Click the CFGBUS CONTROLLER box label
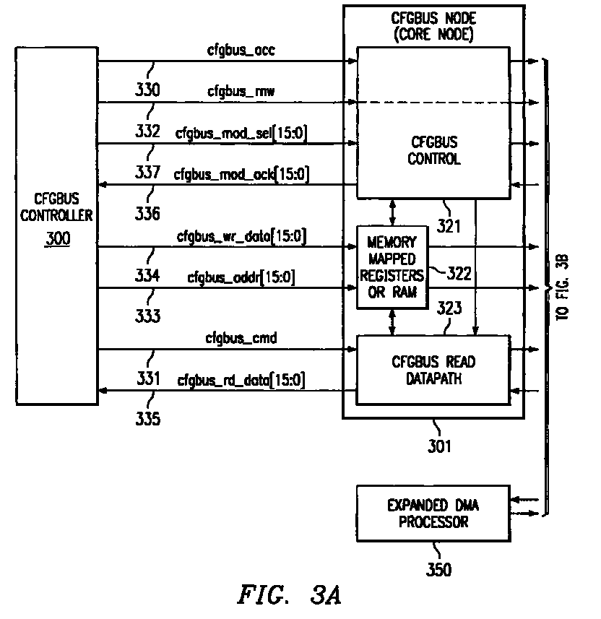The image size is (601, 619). (56, 207)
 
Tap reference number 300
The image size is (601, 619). (58, 238)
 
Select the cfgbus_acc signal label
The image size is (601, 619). (241, 50)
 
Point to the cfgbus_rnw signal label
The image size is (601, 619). (241, 92)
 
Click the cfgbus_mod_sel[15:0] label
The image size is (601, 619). (241, 133)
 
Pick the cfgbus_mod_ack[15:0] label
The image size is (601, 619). (241, 174)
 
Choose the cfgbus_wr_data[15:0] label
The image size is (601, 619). (241, 236)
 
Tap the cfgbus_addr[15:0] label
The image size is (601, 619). (241, 277)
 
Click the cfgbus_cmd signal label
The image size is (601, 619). (241, 338)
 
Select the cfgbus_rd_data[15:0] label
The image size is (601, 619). (241, 380)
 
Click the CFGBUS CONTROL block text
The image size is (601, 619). (434, 150)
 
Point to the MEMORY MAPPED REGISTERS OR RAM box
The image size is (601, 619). (392, 267)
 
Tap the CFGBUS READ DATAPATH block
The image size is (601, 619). (433, 371)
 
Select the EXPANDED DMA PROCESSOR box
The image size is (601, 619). (433, 514)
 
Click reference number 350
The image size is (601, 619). (438, 569)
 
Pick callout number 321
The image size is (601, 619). (448, 226)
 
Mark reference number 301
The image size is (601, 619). (439, 446)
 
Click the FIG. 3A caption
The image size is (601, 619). (289, 595)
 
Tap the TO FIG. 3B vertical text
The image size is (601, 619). (562, 287)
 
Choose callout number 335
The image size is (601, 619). (147, 418)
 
